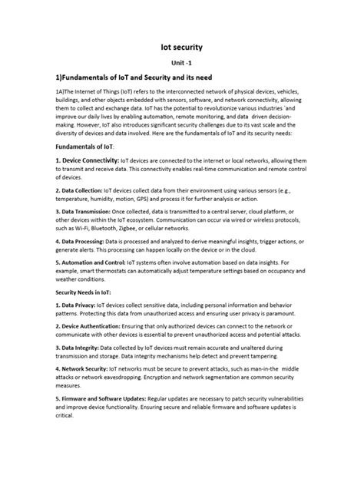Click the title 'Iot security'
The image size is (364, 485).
click(x=182, y=47)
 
